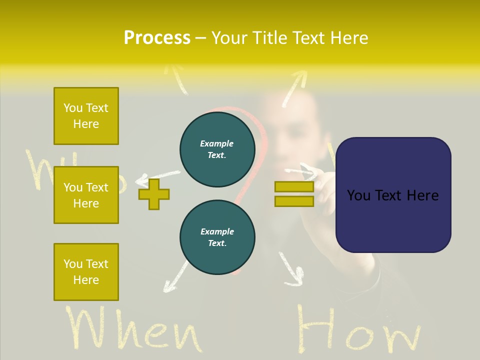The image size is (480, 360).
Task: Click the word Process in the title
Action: [157, 38]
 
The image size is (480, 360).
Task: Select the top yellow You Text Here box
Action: [86, 116]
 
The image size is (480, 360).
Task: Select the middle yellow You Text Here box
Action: [86, 195]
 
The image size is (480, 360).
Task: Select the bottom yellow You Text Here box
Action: [86, 271]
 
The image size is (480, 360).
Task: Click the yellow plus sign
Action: [154, 194]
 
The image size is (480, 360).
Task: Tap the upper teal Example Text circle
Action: [217, 149]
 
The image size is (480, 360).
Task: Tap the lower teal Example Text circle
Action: [217, 237]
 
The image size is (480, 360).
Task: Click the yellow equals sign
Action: [294, 194]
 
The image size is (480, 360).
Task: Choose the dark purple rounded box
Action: [393, 195]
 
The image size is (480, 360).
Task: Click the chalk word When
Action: [132, 330]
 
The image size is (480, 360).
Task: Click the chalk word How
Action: [357, 330]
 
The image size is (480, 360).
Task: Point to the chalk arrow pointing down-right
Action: [292, 270]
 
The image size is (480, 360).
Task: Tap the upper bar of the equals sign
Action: [294, 187]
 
